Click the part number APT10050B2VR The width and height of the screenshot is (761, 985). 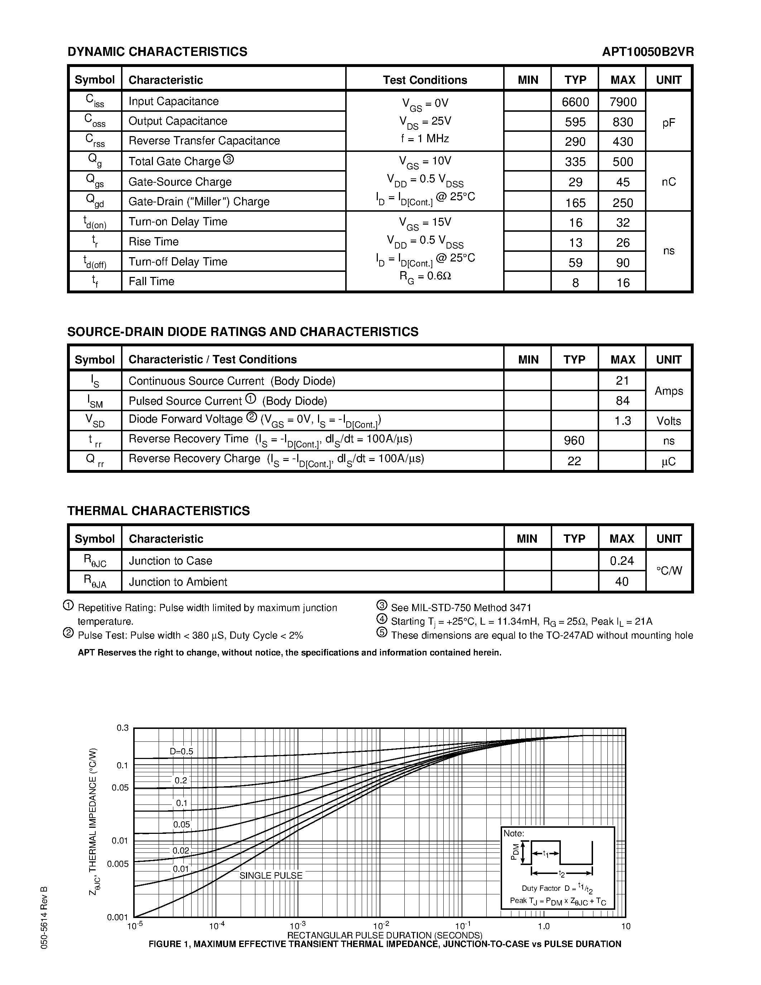pyautogui.click(x=647, y=52)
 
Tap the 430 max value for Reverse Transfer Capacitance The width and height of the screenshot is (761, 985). pyautogui.click(x=623, y=141)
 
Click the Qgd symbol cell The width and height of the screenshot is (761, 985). pyautogui.click(x=95, y=201)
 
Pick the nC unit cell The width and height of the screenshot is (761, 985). pyautogui.click(x=669, y=182)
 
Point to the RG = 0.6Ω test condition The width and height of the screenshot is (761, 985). pyautogui.click(x=425, y=275)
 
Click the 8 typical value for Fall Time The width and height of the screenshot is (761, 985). pyautogui.click(x=575, y=283)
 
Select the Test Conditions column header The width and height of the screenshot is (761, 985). pyautogui.click(x=425, y=80)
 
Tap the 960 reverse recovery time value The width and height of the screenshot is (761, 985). pyautogui.click(x=574, y=440)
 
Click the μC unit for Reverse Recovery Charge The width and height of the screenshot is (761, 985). pyautogui.click(x=669, y=461)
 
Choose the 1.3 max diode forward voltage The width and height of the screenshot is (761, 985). pyautogui.click(x=622, y=421)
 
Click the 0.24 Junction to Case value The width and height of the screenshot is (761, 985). pyautogui.click(x=622, y=561)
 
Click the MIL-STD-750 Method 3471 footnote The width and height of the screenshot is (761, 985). pyautogui.click(x=461, y=607)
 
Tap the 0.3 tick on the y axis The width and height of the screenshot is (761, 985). pyautogui.click(x=122, y=728)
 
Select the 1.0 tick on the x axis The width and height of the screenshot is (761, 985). pyautogui.click(x=544, y=926)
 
